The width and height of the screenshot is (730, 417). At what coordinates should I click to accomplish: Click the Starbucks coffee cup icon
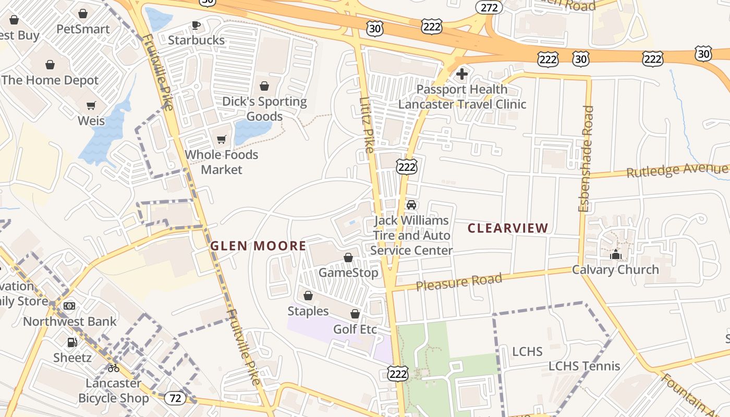pyautogui.click(x=196, y=25)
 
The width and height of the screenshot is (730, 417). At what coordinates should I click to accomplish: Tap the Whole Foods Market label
pyautogui.click(x=222, y=162)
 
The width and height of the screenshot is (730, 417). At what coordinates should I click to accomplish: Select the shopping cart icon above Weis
pyautogui.click(x=91, y=106)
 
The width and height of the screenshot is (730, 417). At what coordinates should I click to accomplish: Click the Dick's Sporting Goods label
pyautogui.click(x=264, y=108)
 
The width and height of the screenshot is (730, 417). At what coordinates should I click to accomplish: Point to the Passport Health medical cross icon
pyautogui.click(x=462, y=74)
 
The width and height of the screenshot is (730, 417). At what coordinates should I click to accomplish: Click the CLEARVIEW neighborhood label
pyautogui.click(x=508, y=228)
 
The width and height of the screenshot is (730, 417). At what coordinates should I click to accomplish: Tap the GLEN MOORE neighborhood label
pyautogui.click(x=258, y=246)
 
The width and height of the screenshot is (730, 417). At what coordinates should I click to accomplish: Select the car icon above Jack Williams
pyautogui.click(x=411, y=205)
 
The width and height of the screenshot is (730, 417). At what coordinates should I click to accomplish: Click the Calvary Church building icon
pyautogui.click(x=616, y=254)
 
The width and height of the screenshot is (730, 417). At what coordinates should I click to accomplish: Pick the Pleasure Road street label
pyautogui.click(x=459, y=282)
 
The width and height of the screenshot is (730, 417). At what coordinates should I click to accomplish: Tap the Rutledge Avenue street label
pyautogui.click(x=677, y=170)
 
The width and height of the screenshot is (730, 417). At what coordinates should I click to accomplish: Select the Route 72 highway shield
pyautogui.click(x=175, y=398)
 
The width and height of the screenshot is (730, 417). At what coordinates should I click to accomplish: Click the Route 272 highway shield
pyautogui.click(x=489, y=7)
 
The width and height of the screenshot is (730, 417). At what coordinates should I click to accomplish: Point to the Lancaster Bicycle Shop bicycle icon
pyautogui.click(x=114, y=368)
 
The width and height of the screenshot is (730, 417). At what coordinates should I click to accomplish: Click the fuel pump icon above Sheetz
pyautogui.click(x=72, y=342)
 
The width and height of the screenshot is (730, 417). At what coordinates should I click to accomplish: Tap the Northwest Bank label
pyautogui.click(x=70, y=321)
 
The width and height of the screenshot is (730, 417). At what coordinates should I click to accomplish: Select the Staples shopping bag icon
pyautogui.click(x=308, y=296)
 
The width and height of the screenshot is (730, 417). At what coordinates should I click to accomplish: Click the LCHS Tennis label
pyautogui.click(x=584, y=366)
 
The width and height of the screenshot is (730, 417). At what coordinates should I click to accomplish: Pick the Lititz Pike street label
pyautogui.click(x=367, y=125)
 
